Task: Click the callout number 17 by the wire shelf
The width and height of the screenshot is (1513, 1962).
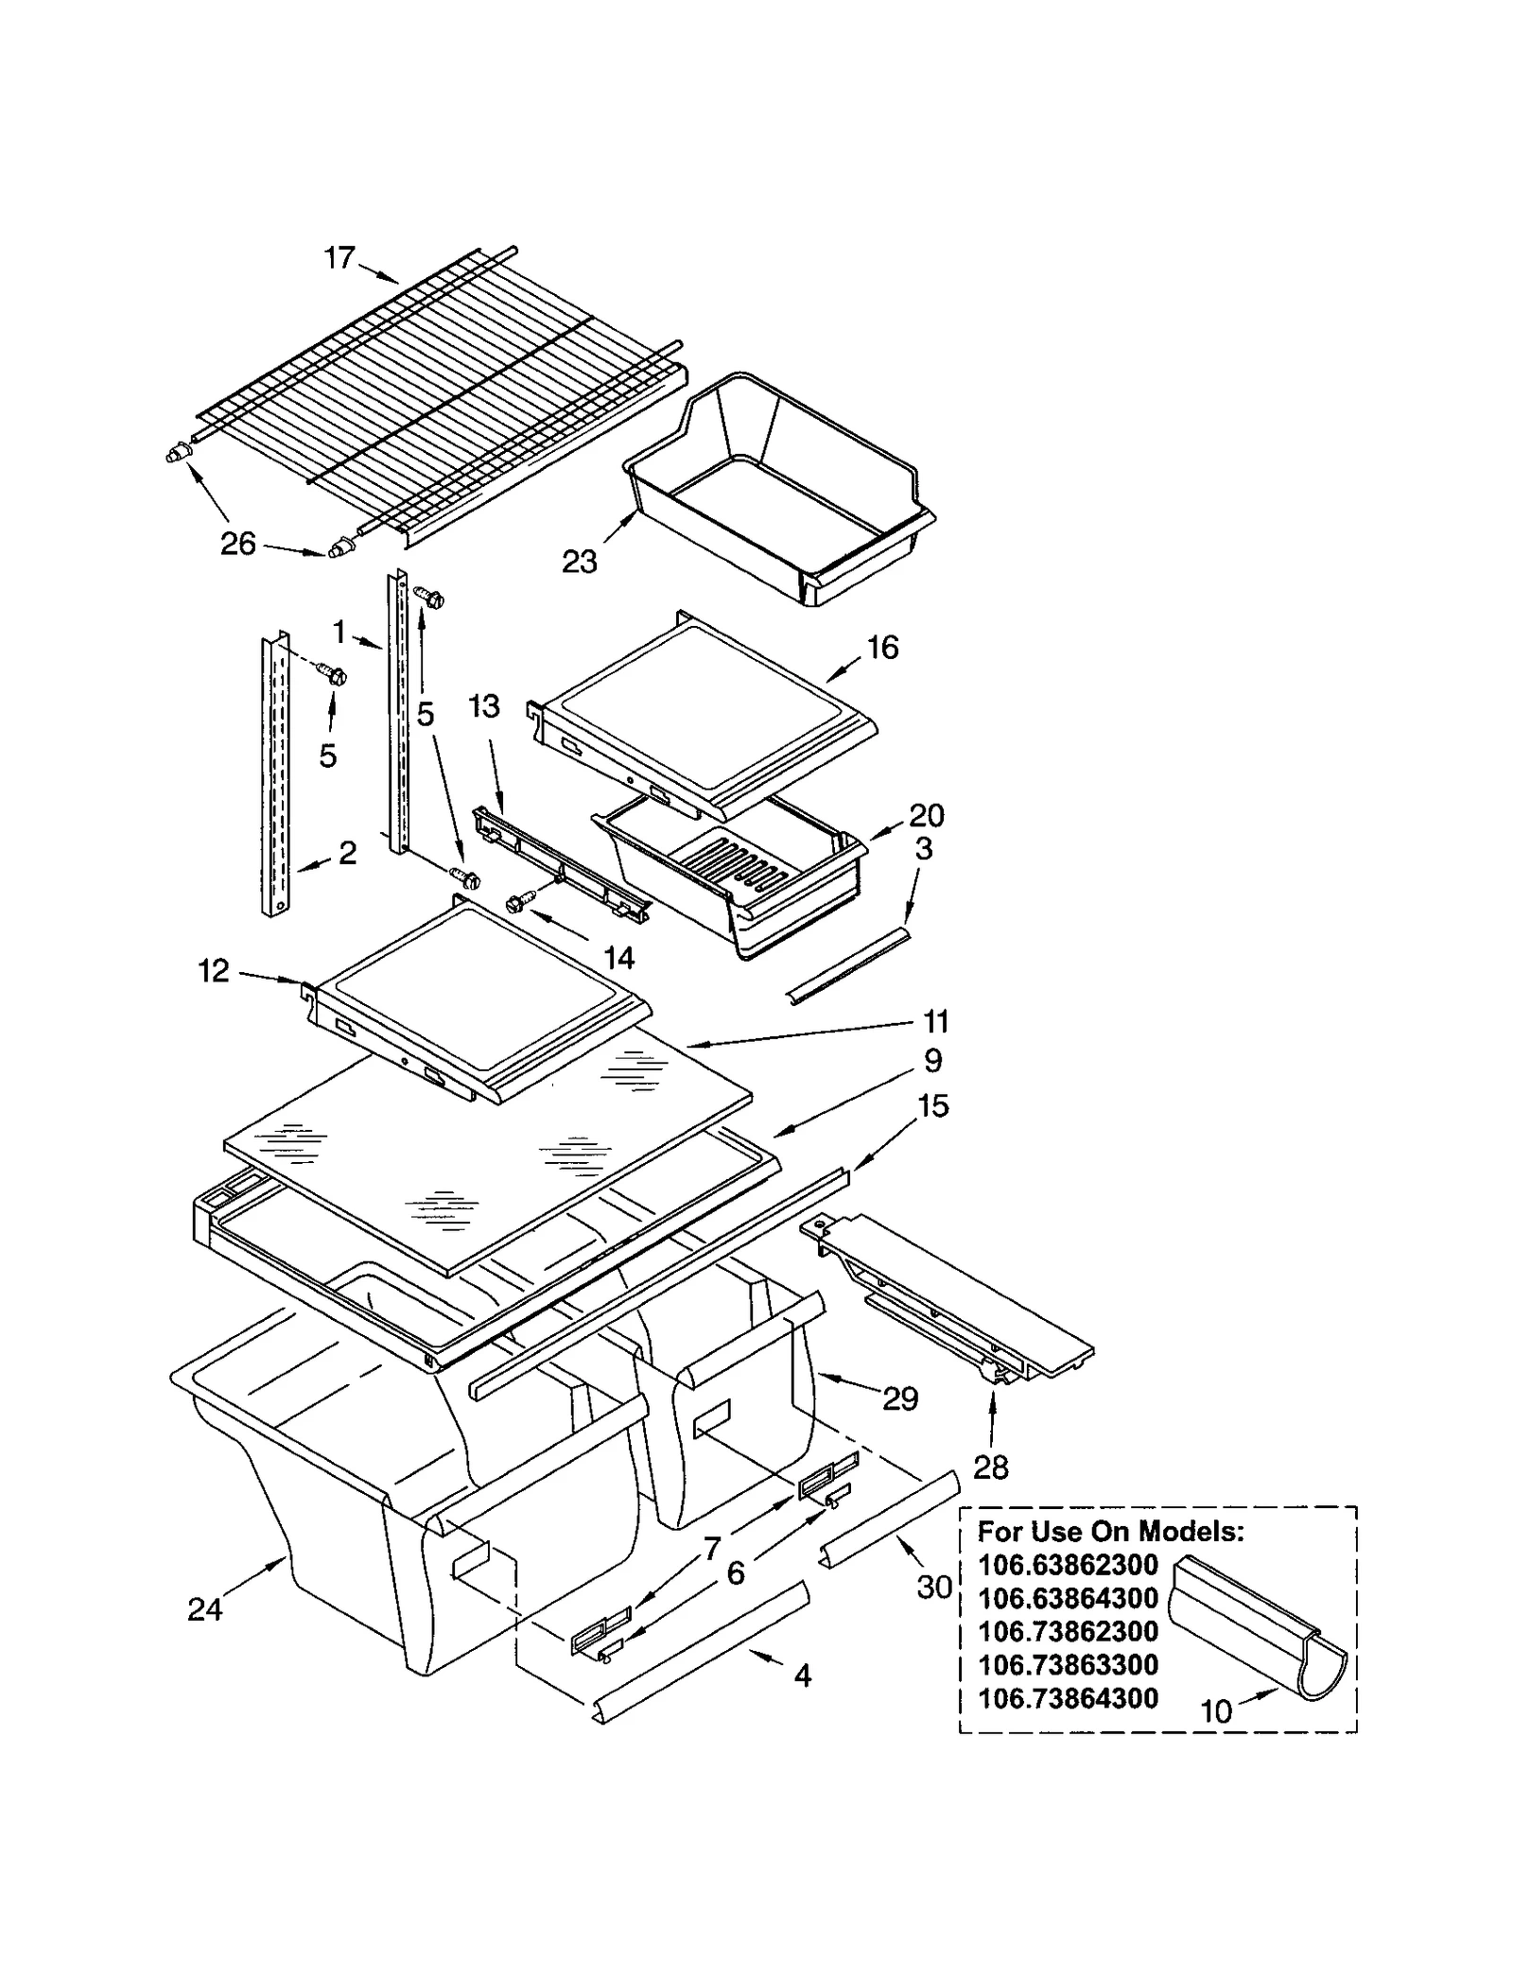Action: [x=339, y=257]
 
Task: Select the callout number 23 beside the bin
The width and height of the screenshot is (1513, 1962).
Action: [x=579, y=562]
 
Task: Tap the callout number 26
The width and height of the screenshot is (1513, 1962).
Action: [x=237, y=544]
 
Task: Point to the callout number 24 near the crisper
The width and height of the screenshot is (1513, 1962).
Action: [x=204, y=1608]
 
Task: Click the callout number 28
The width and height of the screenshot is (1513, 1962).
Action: [x=990, y=1467]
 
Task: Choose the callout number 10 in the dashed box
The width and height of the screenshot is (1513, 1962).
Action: [x=1216, y=1710]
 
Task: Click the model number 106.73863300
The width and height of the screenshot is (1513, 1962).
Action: [x=1068, y=1664]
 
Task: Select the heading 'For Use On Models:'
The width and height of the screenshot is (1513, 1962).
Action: [x=1110, y=1531]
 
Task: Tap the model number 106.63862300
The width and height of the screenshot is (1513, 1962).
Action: [x=1068, y=1565]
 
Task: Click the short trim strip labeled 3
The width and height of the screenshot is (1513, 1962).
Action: [x=848, y=965]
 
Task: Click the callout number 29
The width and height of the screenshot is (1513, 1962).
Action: [x=899, y=1398]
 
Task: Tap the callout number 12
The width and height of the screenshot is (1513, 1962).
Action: [x=214, y=971]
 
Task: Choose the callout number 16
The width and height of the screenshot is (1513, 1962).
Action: [x=882, y=648]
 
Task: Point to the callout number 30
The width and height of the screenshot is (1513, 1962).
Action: [x=933, y=1587]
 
